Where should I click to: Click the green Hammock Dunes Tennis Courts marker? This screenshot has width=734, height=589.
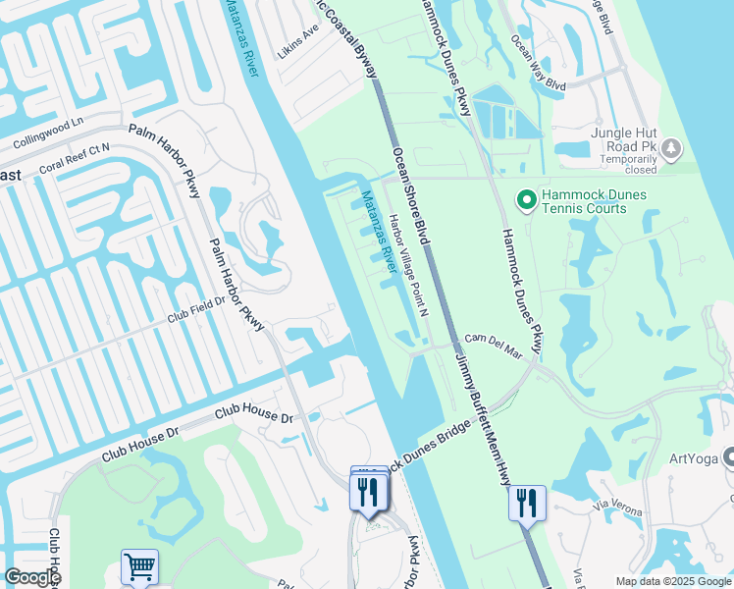pyautogui.click(x=526, y=200)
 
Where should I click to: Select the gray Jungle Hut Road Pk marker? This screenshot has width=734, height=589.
pyautogui.click(x=670, y=149)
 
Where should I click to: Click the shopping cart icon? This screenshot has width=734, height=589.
pyautogui.click(x=139, y=566)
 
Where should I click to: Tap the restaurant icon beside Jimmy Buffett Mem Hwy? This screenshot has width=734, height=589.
pyautogui.click(x=527, y=503)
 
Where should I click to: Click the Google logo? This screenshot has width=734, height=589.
pyautogui.click(x=31, y=577)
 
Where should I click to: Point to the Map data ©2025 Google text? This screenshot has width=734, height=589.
pyautogui.click(x=671, y=581)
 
